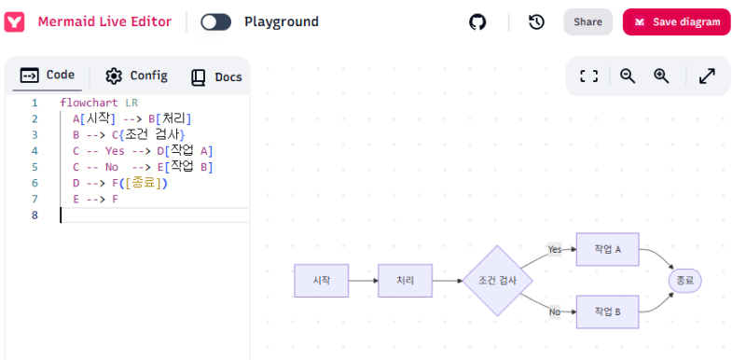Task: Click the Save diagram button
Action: point(677,22)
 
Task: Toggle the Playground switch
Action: point(215,21)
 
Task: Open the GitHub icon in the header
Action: point(477,22)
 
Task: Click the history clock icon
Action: point(536,22)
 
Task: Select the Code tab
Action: point(48,76)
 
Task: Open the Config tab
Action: point(136,76)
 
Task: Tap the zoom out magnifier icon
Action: point(628,76)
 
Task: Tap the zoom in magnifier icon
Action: point(661,76)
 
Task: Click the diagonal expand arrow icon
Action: point(707,76)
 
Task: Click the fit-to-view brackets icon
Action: point(588,76)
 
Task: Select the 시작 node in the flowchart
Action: point(321,281)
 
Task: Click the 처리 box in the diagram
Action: point(405,281)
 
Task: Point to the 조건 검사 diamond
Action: point(498,281)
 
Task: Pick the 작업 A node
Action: point(607,249)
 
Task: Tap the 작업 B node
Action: point(607,312)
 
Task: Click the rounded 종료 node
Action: point(684,280)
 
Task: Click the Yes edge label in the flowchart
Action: point(556,249)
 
